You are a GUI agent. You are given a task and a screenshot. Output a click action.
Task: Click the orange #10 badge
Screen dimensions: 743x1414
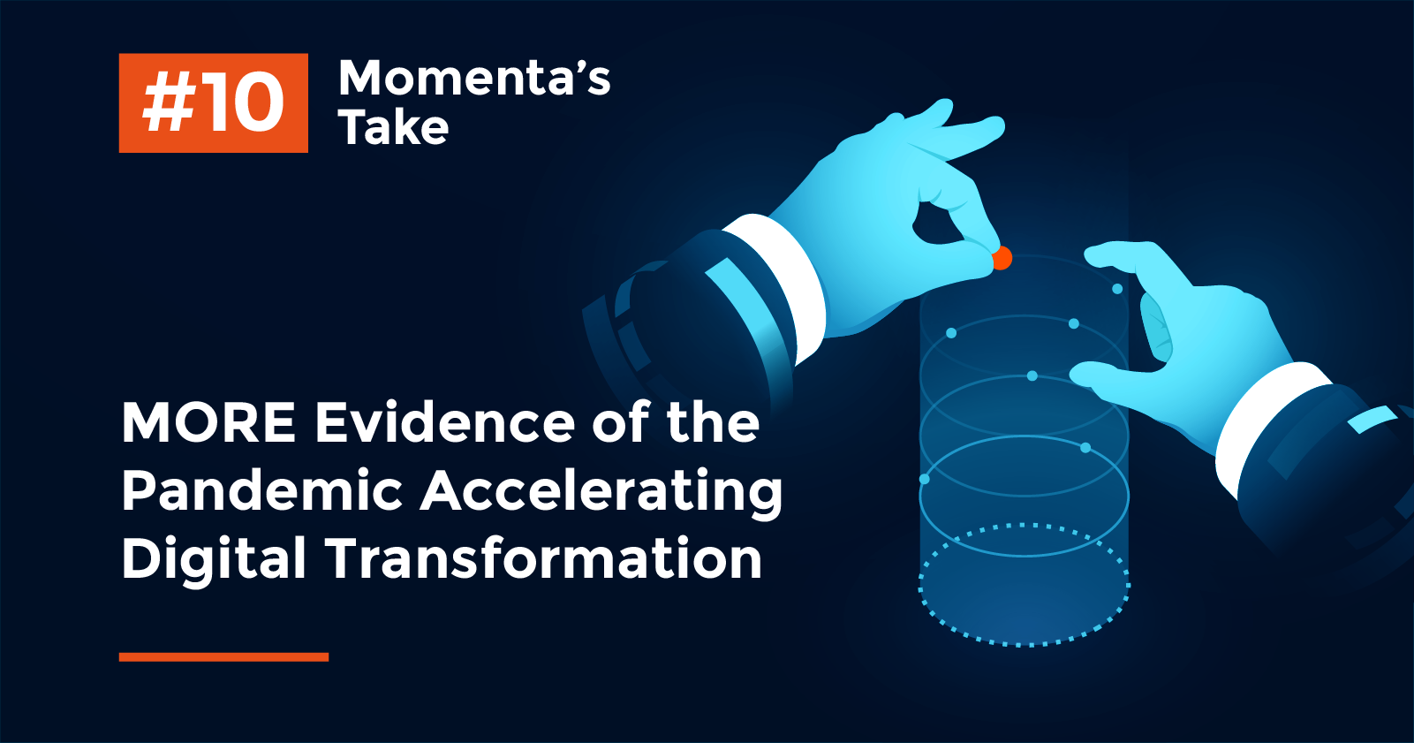(213, 102)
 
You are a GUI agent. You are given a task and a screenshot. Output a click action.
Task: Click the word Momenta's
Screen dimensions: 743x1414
(474, 78)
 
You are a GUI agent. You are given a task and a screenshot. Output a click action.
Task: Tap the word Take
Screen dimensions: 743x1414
(393, 128)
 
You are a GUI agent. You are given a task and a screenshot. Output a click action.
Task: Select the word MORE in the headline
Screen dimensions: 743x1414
(208, 422)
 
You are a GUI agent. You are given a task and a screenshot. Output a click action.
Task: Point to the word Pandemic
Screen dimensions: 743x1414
(261, 490)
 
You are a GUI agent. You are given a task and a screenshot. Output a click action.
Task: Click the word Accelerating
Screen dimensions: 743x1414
(601, 491)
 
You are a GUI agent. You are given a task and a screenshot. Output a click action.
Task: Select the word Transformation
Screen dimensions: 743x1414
(543, 558)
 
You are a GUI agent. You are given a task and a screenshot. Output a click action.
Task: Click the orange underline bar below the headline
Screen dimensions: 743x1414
(223, 656)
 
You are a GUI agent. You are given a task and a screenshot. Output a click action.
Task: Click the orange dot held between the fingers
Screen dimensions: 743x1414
(1002, 259)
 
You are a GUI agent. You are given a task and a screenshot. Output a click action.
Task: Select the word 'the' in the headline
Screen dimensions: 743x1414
(713, 422)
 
